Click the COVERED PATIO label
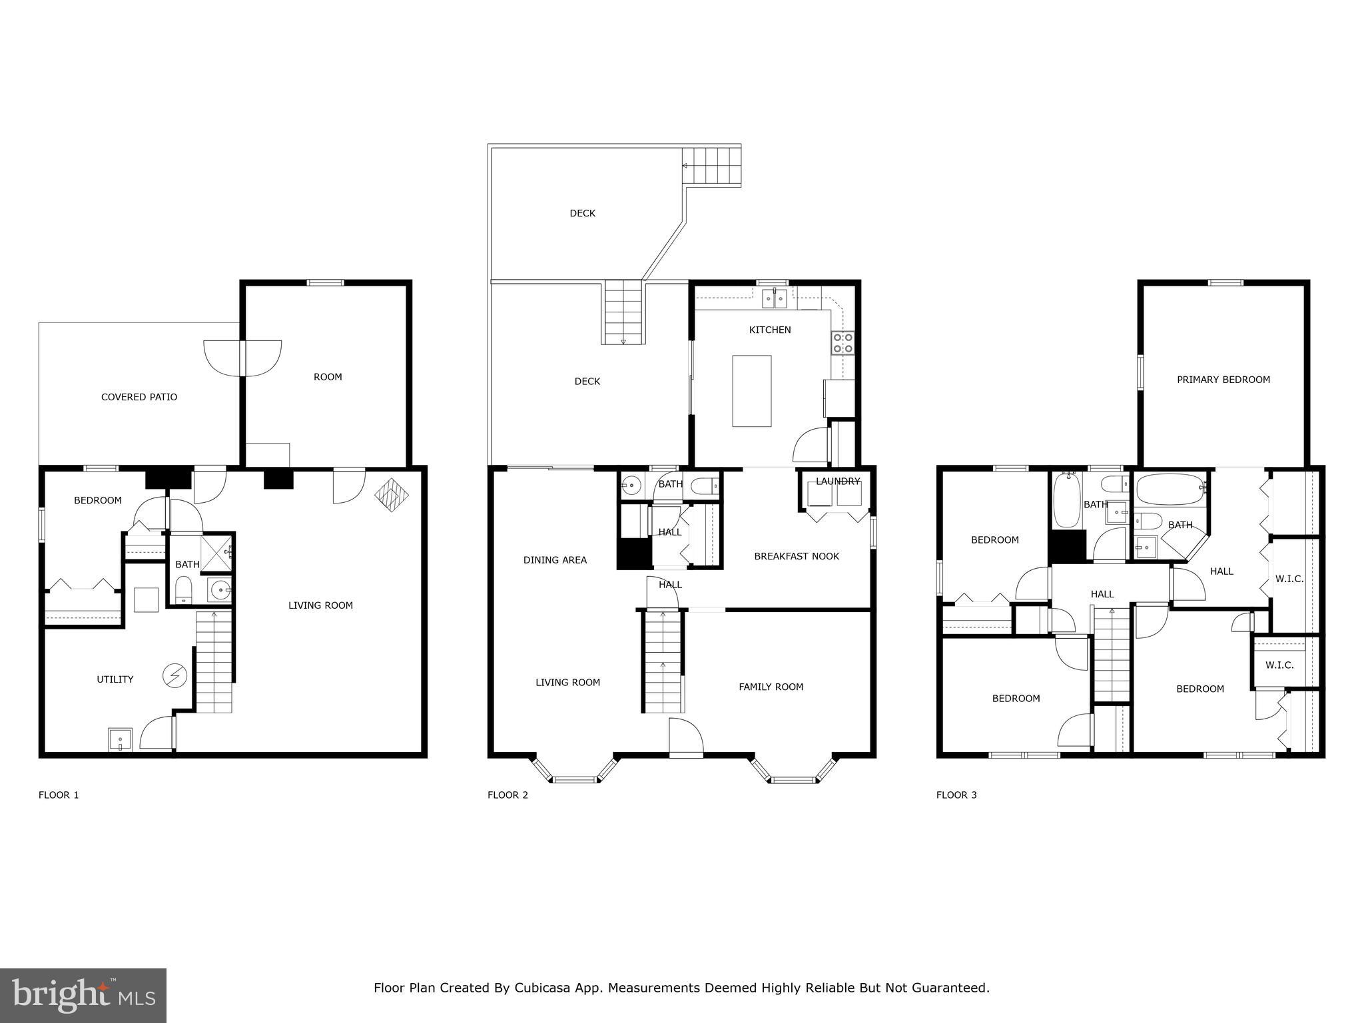pyautogui.click(x=139, y=397)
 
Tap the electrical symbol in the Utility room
pyautogui.click(x=174, y=677)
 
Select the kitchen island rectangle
pyautogui.click(x=751, y=391)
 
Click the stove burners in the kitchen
pyautogui.click(x=843, y=343)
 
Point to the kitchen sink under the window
pyautogui.click(x=775, y=299)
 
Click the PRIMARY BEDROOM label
pyautogui.click(x=1223, y=380)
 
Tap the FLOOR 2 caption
pyautogui.click(x=508, y=795)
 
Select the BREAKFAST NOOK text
pyautogui.click(x=796, y=556)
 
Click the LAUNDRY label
pyautogui.click(x=837, y=481)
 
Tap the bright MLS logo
pyautogui.click(x=83, y=996)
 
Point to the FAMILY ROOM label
pyautogui.click(x=771, y=687)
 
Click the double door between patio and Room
pyautogui.click(x=242, y=358)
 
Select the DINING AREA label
pyautogui.click(x=555, y=560)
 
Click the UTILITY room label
pyautogui.click(x=115, y=679)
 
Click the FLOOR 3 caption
pyautogui.click(x=956, y=795)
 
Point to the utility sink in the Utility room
pyautogui.click(x=120, y=739)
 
